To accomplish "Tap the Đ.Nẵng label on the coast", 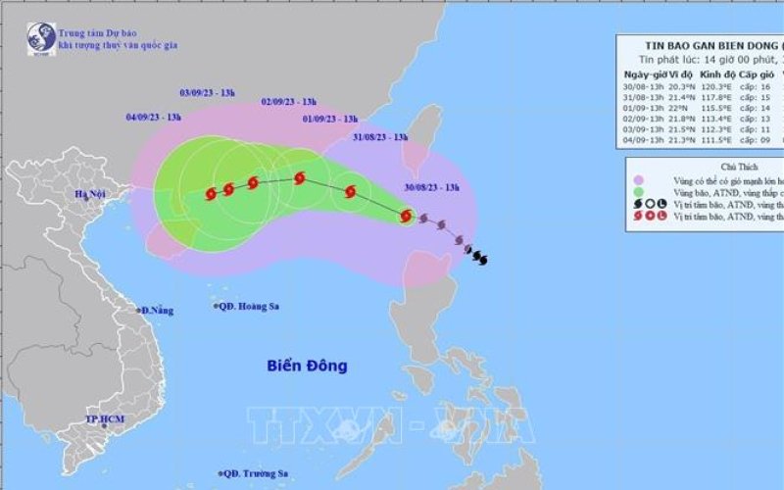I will (157, 311).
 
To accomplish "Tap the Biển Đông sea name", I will (307, 366).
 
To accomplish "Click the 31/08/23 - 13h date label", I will (379, 138).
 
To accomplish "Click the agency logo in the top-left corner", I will (39, 36).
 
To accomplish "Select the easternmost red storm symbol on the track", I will (406, 216).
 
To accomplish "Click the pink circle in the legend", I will (639, 180).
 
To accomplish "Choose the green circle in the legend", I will (639, 193).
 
